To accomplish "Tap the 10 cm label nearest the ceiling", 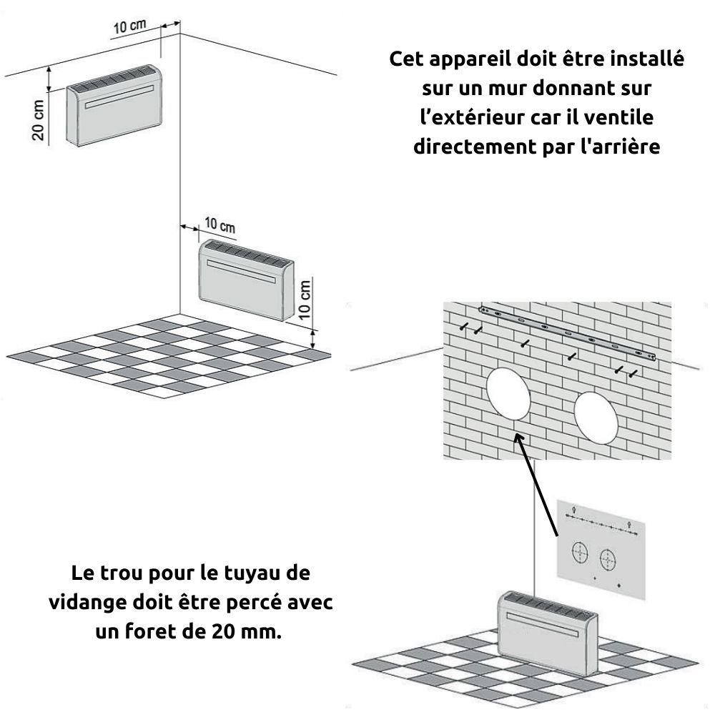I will coord(129,26).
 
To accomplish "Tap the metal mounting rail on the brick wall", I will coord(568,335).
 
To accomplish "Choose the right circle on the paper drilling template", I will coord(608,558).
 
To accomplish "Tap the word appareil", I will coord(465,59).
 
